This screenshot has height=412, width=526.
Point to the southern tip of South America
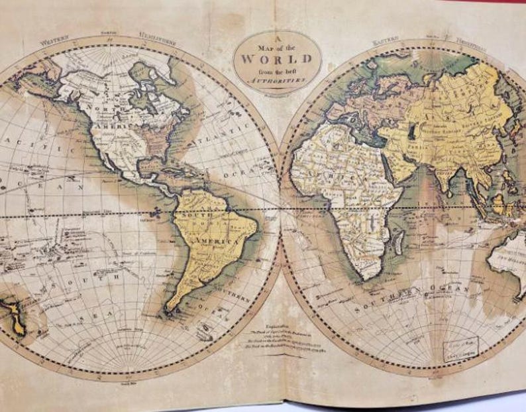(171, 309)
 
